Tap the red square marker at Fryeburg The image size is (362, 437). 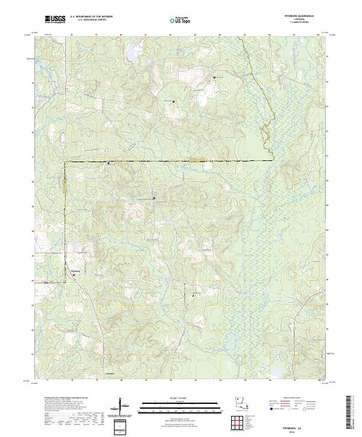[75, 276]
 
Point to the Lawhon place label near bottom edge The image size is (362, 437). [109, 373]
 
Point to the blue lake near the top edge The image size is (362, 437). [130, 55]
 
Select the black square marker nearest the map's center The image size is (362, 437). [154, 198]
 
